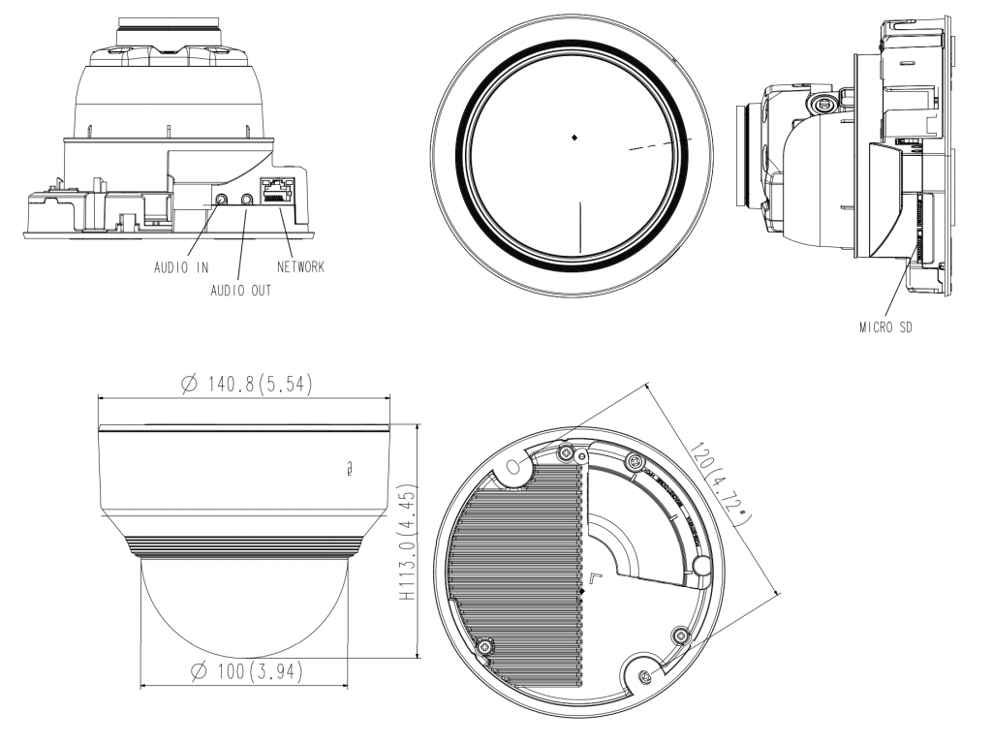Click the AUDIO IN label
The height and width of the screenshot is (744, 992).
pos(182,268)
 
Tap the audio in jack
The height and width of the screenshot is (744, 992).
pos(223,201)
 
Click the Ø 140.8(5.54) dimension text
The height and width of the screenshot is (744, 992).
pos(246,384)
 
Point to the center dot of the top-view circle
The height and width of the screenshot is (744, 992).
pos(573,138)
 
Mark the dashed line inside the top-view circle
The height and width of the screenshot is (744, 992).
pos(655,143)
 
